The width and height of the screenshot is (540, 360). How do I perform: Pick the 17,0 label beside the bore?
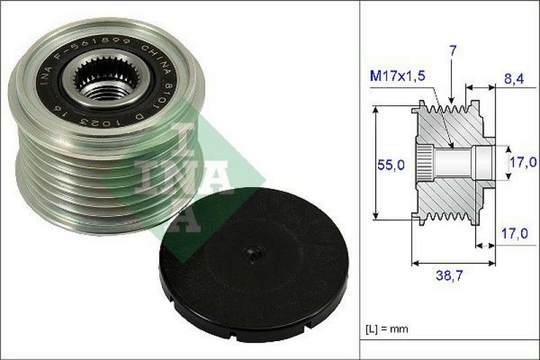[522, 162]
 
